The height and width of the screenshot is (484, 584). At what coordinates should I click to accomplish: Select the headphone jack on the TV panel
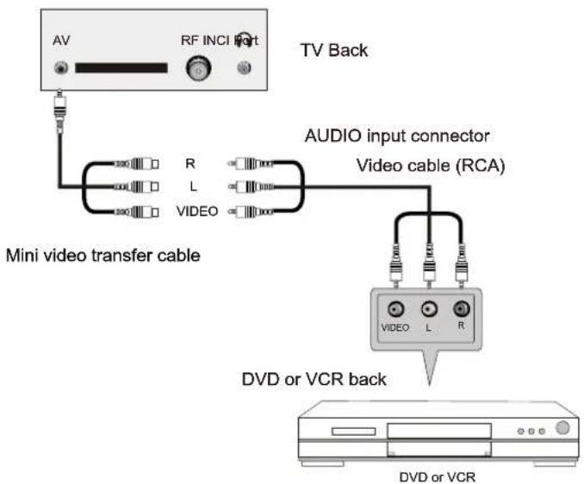pyautogui.click(x=245, y=69)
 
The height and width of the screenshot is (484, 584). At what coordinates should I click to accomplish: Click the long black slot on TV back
pyautogui.click(x=121, y=68)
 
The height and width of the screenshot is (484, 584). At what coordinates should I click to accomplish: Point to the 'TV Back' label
pyautogui.click(x=333, y=50)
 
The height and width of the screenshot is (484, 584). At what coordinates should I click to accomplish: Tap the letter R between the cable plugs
pyautogui.click(x=189, y=162)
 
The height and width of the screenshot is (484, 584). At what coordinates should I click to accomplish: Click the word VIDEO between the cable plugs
pyautogui.click(x=200, y=211)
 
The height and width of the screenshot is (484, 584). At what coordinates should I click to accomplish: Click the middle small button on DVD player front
pyautogui.click(x=531, y=431)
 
